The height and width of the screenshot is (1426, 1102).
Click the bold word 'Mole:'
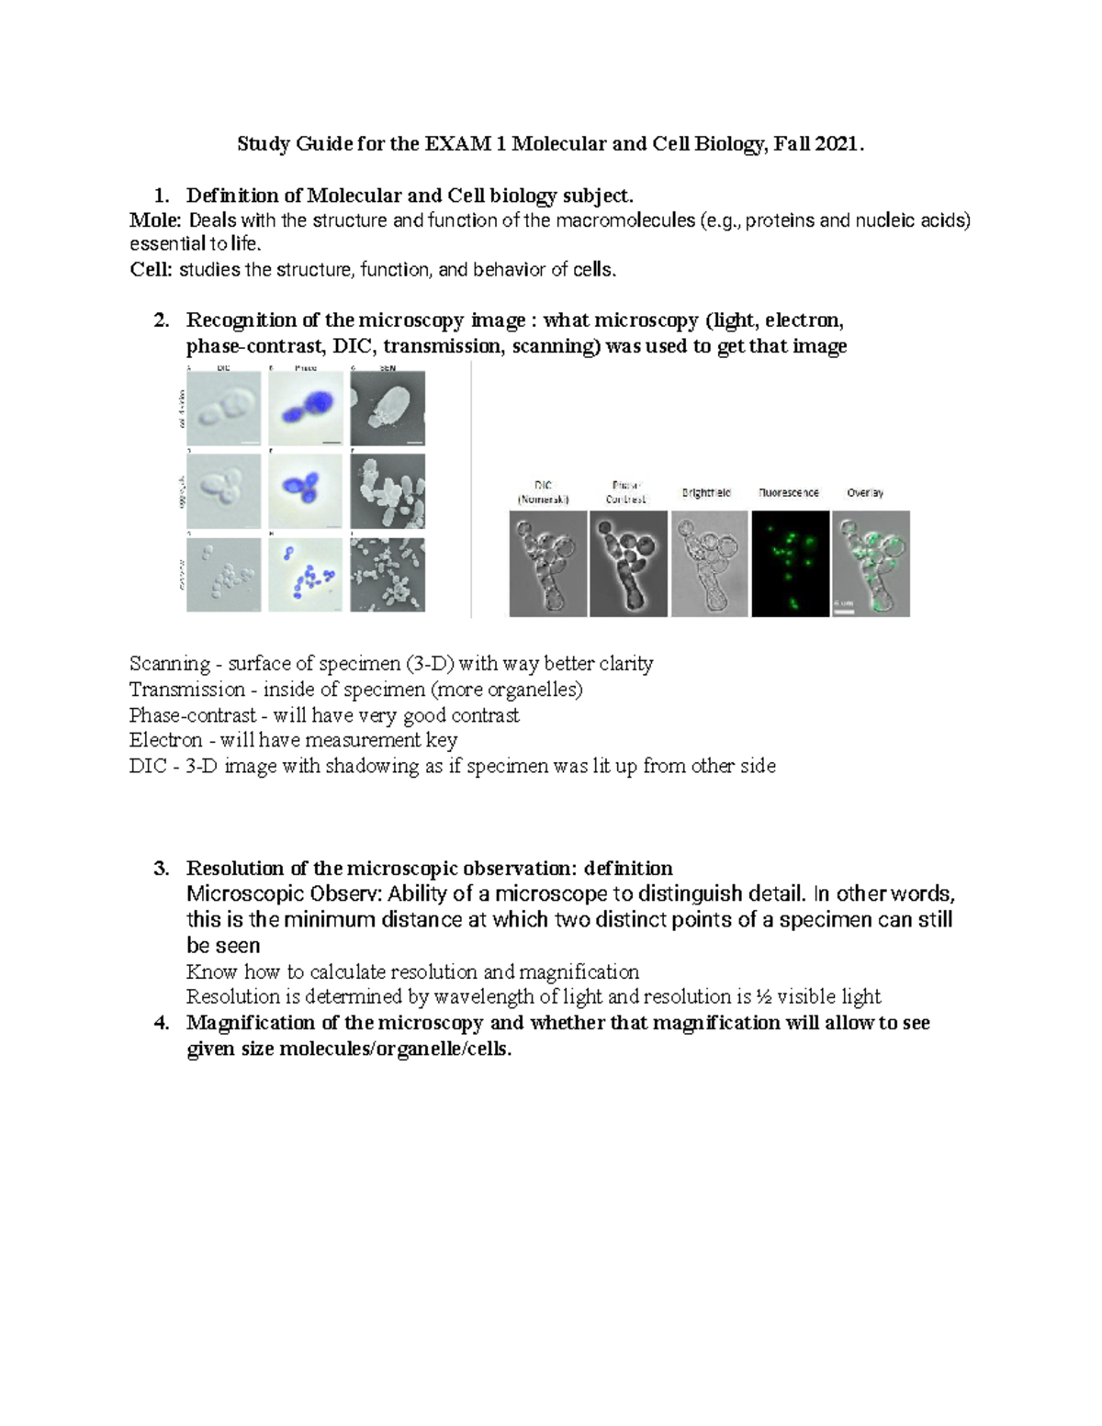tap(156, 220)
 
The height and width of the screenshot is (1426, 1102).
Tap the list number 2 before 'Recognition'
tap(162, 320)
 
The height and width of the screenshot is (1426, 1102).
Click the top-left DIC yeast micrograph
tap(223, 409)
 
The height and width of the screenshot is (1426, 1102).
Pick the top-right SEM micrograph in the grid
tap(388, 409)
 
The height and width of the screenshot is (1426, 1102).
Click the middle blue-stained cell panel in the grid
tap(305, 490)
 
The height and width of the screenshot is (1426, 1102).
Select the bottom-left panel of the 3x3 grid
tap(223, 575)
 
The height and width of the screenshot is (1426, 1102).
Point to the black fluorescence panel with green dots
tap(789, 564)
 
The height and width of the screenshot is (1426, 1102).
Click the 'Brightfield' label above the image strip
tap(706, 493)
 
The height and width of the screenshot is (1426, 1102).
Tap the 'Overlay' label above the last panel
tap(865, 493)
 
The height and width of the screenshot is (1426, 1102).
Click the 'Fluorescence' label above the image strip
tap(789, 493)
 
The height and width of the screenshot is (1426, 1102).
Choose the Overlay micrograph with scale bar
tap(871, 564)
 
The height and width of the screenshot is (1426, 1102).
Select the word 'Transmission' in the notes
tap(187, 690)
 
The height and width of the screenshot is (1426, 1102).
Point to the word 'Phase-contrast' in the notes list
tap(193, 715)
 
